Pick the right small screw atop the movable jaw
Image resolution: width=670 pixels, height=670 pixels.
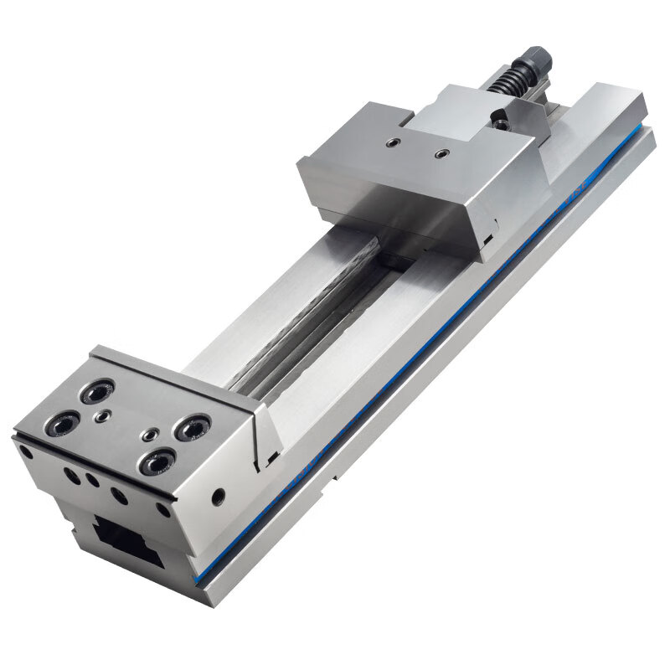click(x=441, y=154)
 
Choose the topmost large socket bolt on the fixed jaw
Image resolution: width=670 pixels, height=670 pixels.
click(x=97, y=390)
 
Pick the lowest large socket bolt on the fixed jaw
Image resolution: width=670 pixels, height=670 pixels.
click(x=155, y=461)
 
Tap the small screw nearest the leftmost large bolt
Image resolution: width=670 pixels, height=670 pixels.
click(x=101, y=415)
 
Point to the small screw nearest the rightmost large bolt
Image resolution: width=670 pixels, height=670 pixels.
click(x=150, y=435)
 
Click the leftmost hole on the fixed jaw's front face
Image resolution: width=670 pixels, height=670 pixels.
click(x=27, y=453)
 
